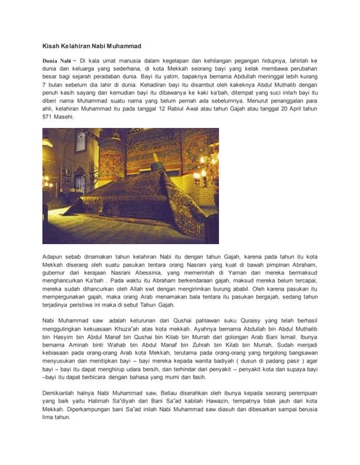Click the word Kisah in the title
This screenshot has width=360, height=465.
tap(51, 45)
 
